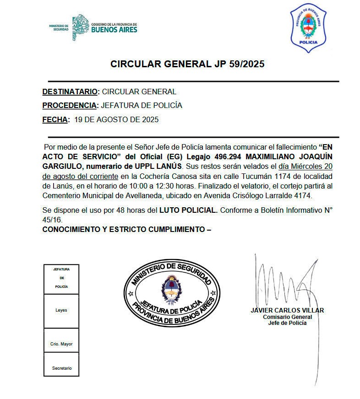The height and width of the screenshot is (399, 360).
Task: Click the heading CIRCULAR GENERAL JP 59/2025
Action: click(x=187, y=64)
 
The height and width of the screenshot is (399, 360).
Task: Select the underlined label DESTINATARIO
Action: click(x=70, y=92)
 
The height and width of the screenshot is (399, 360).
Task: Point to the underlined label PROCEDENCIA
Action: click(x=70, y=106)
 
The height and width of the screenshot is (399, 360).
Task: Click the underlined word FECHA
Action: click(x=55, y=120)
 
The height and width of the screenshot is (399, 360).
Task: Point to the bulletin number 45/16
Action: click(x=52, y=219)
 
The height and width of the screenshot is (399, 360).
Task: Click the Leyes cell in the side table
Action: click(x=61, y=310)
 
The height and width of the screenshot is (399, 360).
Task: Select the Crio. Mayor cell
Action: click(x=61, y=344)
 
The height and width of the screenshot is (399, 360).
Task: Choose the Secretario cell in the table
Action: click(x=61, y=368)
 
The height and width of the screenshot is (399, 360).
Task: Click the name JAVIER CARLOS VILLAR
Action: click(x=287, y=310)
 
